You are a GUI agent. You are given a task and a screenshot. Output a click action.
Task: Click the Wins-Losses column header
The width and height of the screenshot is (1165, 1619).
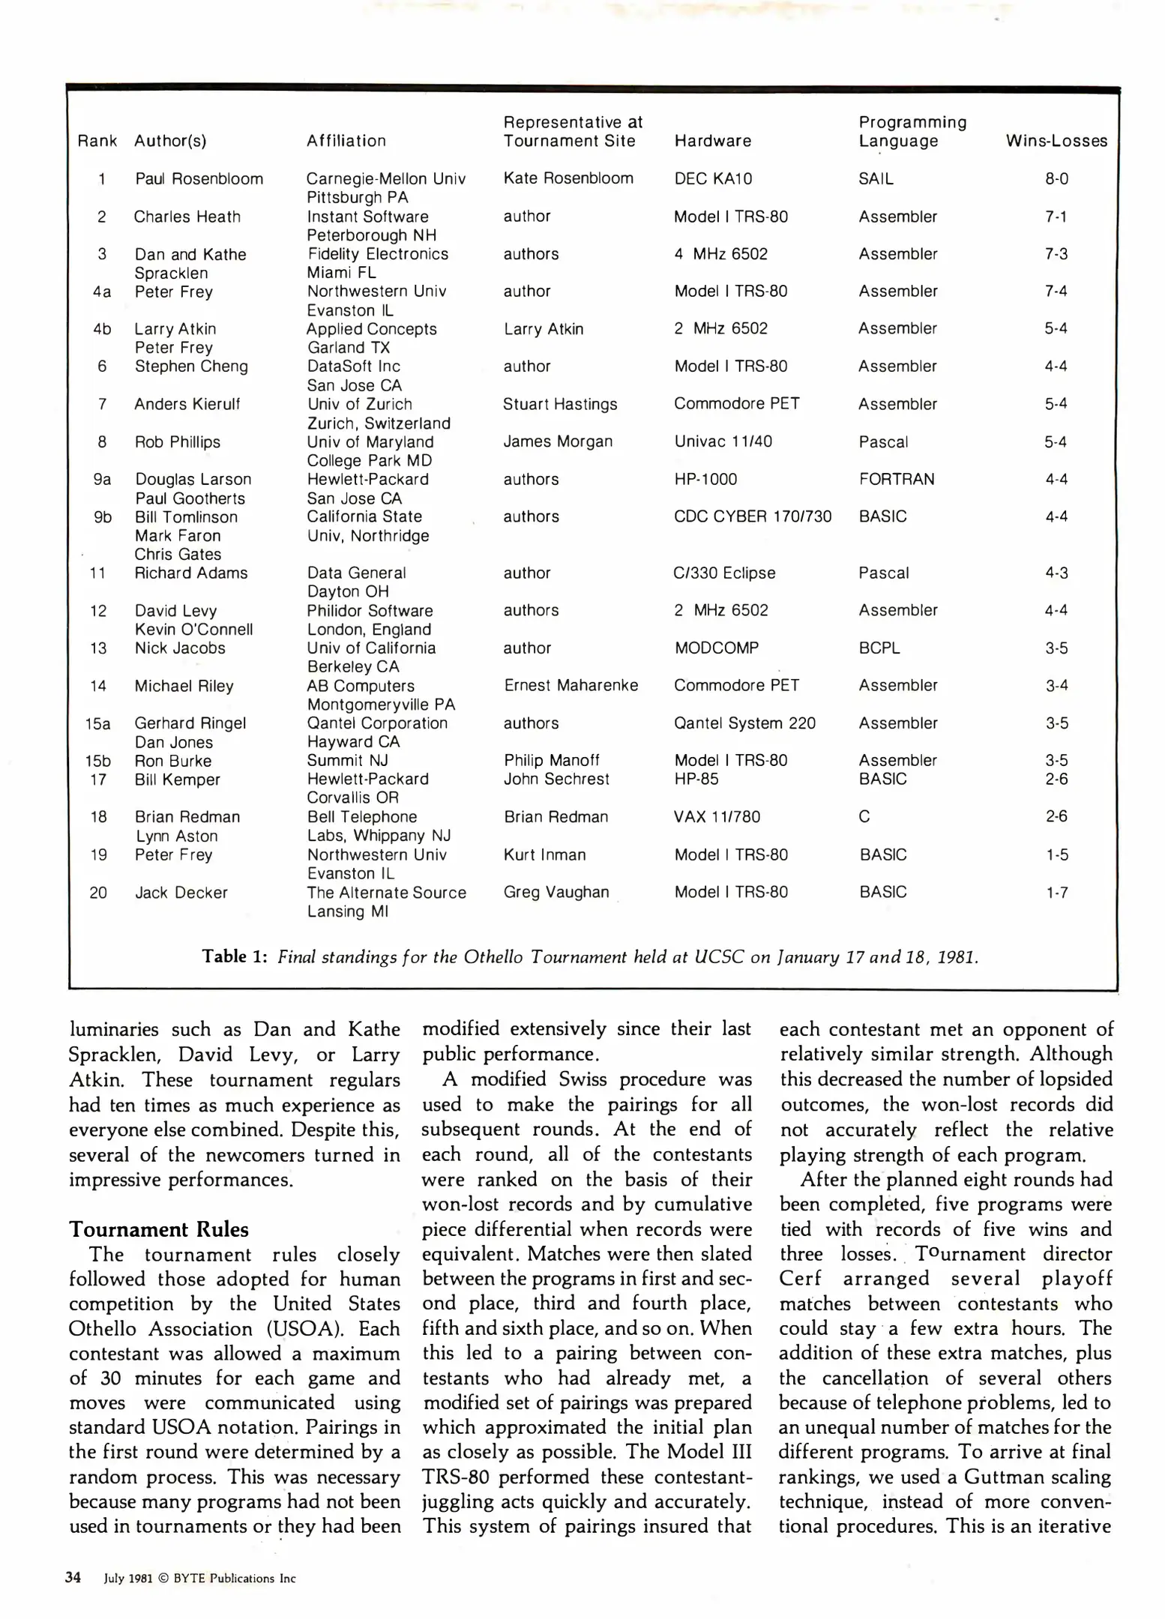[1056, 141]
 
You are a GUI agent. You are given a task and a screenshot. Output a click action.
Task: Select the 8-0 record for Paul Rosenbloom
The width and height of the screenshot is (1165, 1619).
[1056, 179]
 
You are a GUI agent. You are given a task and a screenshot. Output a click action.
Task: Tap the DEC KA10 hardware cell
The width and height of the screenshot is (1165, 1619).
[712, 179]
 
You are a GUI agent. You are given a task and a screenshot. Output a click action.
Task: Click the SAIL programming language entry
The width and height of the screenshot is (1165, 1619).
[876, 179]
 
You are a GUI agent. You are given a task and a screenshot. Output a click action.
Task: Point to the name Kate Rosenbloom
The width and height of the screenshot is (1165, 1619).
[568, 178]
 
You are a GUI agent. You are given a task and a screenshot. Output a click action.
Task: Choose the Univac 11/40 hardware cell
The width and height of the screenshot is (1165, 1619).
[723, 441]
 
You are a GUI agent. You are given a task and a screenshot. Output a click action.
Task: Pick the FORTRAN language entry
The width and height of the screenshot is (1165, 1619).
[896, 479]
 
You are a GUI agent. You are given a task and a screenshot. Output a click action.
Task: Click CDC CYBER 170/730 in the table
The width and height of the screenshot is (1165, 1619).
[752, 516]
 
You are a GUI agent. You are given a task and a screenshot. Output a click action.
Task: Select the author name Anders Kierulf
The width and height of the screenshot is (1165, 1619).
[187, 404]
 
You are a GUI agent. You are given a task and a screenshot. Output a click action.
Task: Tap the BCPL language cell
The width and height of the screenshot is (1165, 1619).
[879, 648]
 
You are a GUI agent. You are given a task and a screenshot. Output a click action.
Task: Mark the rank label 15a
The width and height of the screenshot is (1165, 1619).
[98, 723]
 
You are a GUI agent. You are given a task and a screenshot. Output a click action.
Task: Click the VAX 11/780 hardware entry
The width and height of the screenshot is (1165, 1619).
[716, 816]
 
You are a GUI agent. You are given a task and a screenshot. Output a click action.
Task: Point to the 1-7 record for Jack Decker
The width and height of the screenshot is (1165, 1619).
[1056, 892]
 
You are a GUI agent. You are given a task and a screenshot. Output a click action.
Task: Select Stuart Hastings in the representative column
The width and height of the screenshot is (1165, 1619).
[559, 404]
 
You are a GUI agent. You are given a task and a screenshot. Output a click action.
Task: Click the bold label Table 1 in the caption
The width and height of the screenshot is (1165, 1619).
[234, 956]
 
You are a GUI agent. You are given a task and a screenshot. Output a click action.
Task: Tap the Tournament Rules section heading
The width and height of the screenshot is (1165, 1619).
[158, 1229]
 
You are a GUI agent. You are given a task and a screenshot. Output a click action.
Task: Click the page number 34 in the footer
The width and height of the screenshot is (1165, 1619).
[73, 1577]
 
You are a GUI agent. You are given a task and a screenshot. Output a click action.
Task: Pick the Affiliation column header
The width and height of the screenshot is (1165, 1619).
[346, 141]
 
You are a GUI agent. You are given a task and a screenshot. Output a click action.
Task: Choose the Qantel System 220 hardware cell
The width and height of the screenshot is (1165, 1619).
[744, 723]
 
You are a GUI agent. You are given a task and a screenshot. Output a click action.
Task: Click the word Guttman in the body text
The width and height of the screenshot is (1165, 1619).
[995, 1477]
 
